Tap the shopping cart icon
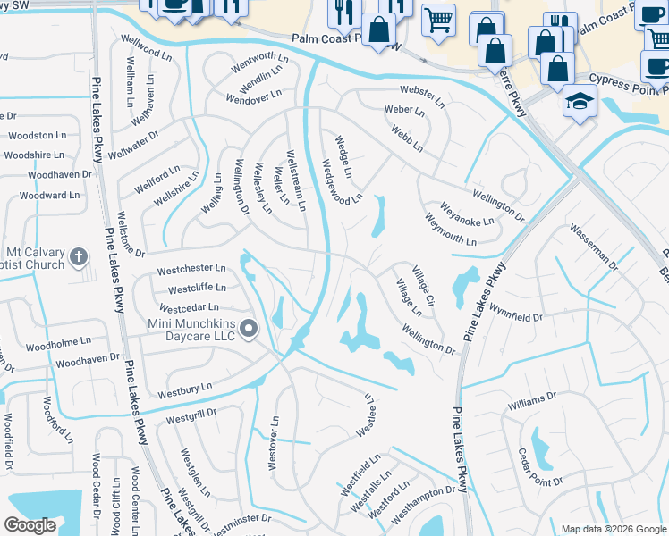(438, 19)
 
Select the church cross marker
(79, 257)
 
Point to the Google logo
(30, 525)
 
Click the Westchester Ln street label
(191, 268)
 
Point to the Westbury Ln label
(184, 390)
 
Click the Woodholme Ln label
(58, 342)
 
